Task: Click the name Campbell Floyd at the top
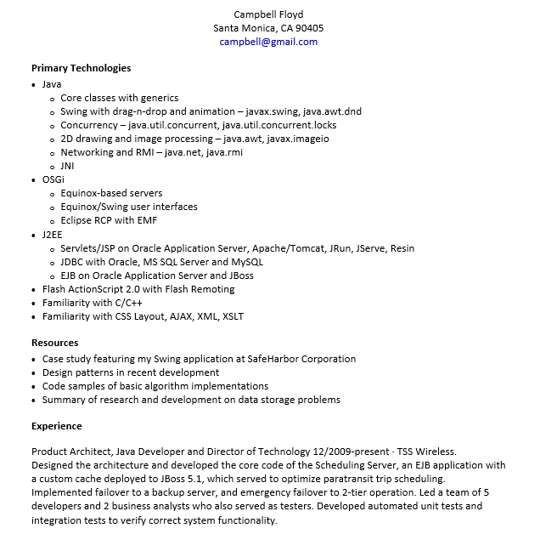[268, 14]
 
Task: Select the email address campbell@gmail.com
[268, 42]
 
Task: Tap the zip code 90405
[308, 28]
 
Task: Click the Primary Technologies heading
[81, 68]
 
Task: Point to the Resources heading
[54, 344]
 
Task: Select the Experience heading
[57, 426]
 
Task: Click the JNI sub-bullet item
[67, 166]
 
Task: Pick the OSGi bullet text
[53, 179]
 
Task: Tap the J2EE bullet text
[52, 235]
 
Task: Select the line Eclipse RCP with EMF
[109, 220]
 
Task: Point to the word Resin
[402, 248]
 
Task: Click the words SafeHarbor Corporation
[301, 359]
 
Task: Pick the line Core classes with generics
[119, 98]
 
